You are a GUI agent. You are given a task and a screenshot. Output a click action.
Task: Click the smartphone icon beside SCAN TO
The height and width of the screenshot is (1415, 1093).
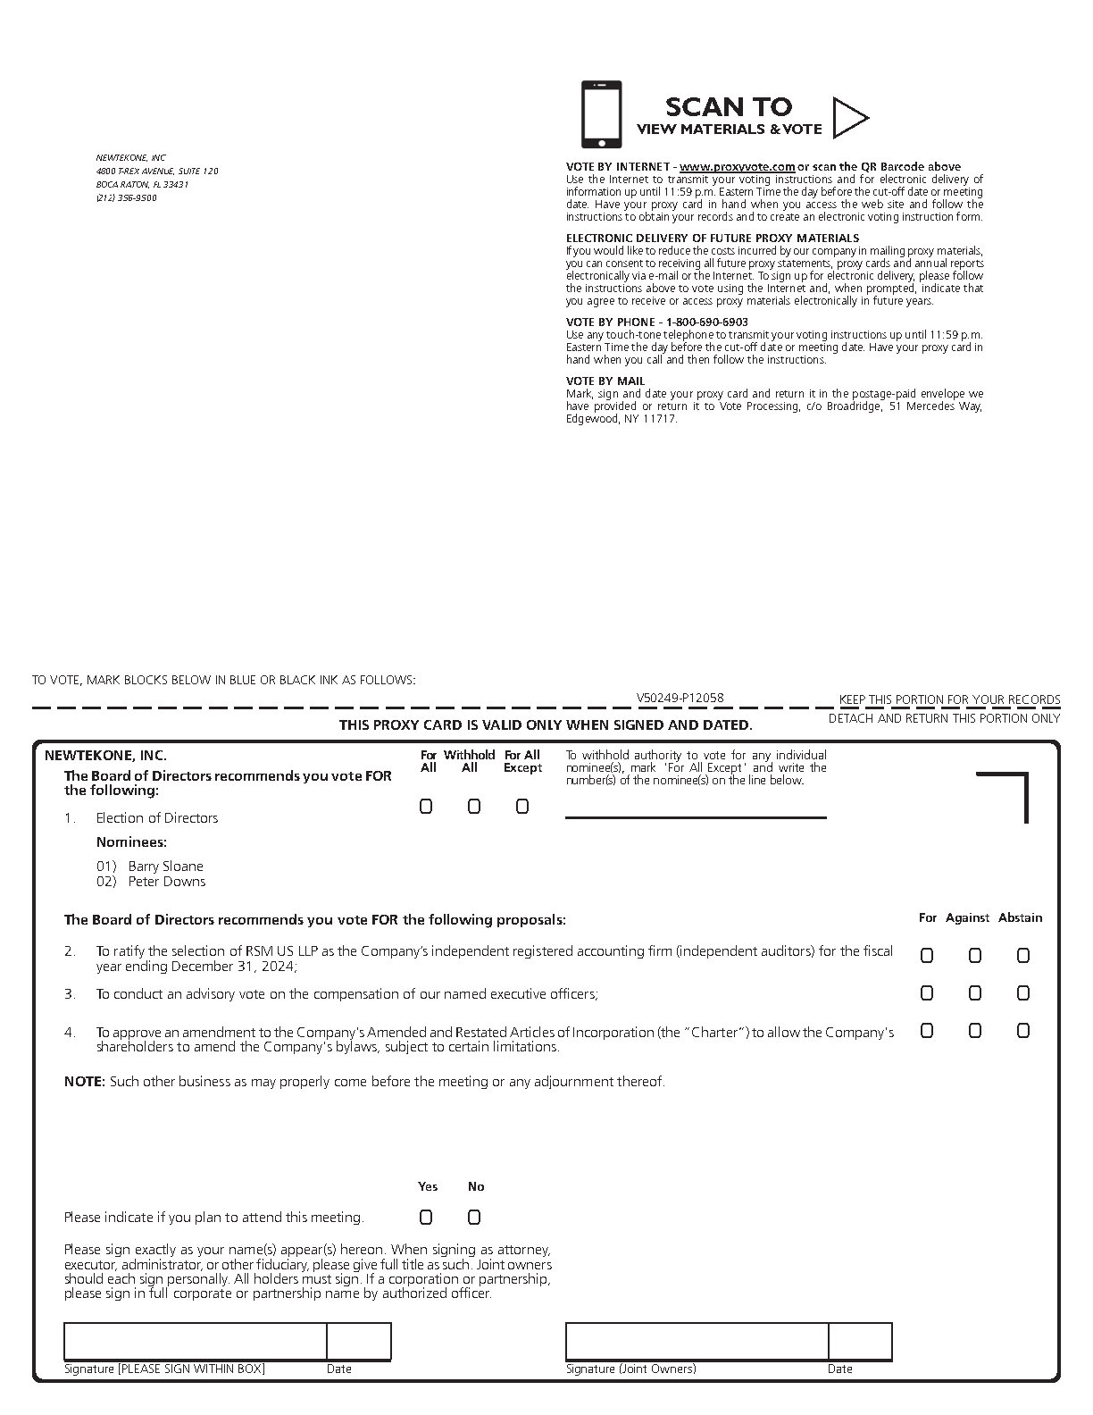tap(602, 115)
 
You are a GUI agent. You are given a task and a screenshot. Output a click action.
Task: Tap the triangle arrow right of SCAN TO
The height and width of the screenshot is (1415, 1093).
tap(848, 117)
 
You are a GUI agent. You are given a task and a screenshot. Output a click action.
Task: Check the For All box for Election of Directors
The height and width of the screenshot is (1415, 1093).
tap(426, 807)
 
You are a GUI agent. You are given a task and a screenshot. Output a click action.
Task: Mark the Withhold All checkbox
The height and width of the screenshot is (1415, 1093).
tap(474, 807)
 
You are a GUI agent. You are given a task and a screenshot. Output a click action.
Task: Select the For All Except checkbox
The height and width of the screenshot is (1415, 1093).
tap(522, 807)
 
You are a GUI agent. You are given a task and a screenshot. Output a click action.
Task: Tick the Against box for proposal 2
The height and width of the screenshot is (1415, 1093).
tap(975, 956)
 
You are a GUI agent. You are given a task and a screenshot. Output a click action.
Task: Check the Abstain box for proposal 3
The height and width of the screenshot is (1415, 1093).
tap(1023, 993)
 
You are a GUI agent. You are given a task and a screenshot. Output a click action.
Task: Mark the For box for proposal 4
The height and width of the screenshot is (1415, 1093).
tap(927, 1031)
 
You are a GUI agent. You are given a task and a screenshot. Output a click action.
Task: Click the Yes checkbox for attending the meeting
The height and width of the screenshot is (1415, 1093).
tap(426, 1218)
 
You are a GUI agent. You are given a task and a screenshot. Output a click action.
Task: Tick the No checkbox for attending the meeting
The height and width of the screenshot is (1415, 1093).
tap(474, 1218)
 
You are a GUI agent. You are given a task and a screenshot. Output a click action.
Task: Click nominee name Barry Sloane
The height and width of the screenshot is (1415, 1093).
tap(165, 867)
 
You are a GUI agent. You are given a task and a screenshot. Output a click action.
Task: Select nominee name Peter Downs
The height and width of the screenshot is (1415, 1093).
tap(166, 882)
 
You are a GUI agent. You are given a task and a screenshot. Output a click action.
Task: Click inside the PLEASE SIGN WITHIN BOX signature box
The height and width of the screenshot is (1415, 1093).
tap(195, 1342)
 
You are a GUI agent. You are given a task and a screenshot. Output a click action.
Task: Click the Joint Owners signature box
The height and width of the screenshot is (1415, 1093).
tap(697, 1342)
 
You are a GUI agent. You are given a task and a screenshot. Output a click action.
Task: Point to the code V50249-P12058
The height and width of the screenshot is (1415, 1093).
tap(680, 699)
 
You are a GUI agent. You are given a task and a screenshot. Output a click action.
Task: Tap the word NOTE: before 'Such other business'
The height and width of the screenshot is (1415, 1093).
tap(84, 1082)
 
